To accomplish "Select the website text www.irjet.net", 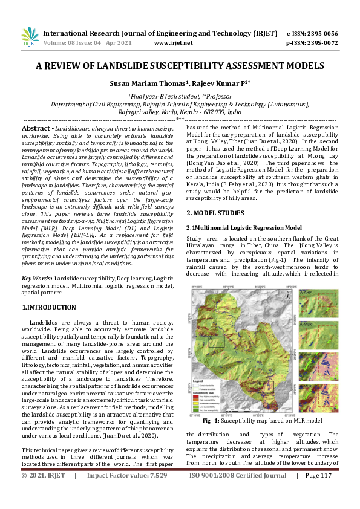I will tap(174, 43).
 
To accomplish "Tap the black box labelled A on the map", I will tap(216, 342).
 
